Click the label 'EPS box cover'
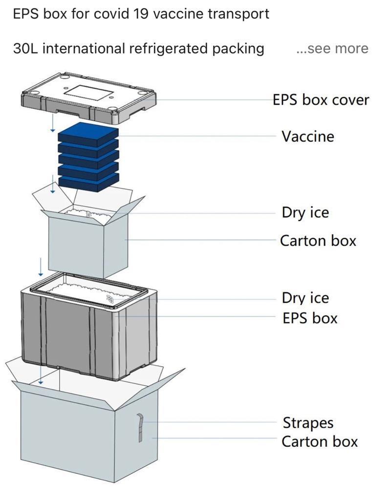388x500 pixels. [321, 100]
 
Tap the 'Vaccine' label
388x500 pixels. [307, 136]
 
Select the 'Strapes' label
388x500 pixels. [307, 423]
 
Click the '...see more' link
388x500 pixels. [332, 48]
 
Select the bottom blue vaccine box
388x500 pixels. [88, 183]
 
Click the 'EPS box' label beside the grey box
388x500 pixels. [310, 318]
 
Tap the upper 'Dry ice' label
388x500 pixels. [305, 213]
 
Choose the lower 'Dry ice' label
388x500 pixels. [305, 298]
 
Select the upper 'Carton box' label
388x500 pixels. [318, 241]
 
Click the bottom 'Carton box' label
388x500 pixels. [319, 441]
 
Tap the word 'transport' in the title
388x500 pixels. [238, 14]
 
